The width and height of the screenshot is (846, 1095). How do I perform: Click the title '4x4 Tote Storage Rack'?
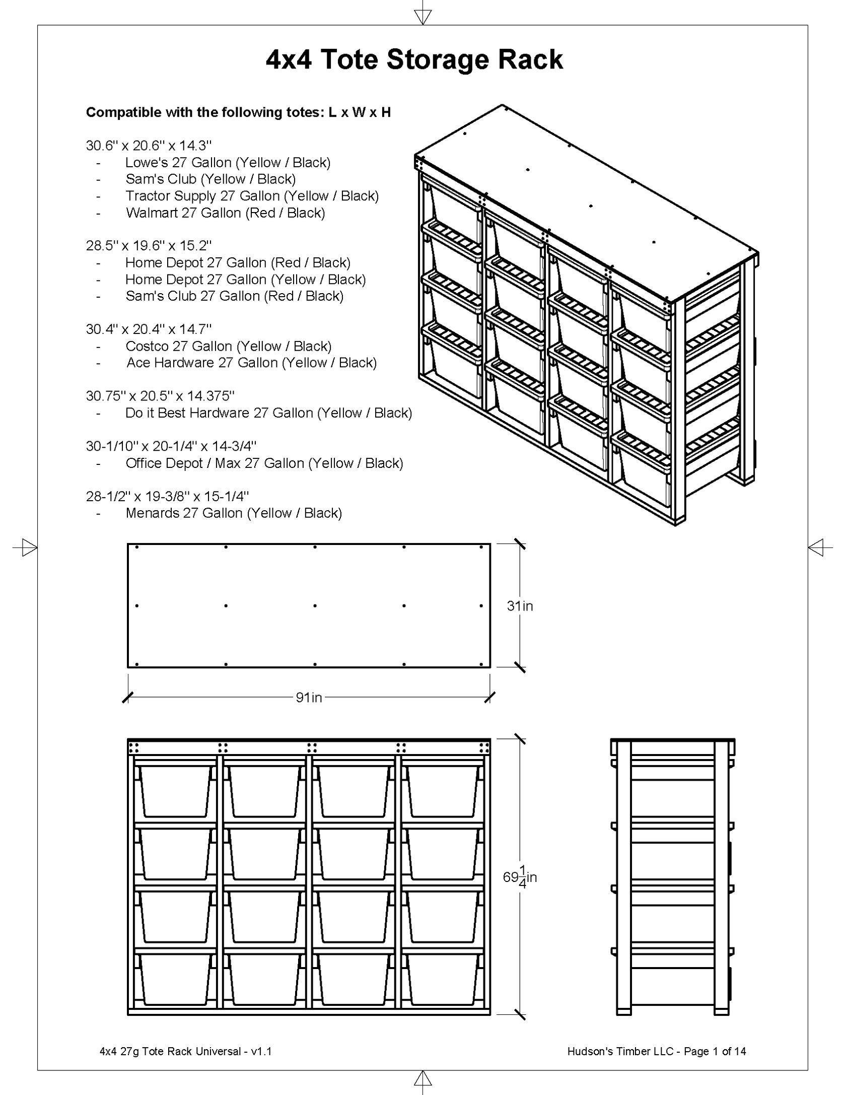tap(414, 59)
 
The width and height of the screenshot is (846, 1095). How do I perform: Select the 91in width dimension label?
tap(309, 697)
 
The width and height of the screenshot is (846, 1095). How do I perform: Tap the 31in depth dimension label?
tap(520, 605)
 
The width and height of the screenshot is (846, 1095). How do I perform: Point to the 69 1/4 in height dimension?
tap(520, 877)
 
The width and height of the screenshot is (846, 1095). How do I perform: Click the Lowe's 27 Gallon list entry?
tap(228, 163)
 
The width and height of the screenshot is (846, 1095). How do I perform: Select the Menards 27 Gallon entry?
tap(234, 513)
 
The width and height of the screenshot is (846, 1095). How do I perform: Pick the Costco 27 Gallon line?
tap(228, 346)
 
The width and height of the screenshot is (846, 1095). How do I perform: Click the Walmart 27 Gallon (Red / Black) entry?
tap(225, 213)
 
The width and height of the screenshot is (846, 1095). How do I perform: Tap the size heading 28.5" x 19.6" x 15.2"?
tap(149, 246)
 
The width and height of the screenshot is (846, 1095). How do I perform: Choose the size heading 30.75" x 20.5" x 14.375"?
tap(160, 396)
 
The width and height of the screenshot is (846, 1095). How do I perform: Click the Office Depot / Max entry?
tap(264, 463)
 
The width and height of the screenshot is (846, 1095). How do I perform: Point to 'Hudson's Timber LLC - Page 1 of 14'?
tap(656, 1051)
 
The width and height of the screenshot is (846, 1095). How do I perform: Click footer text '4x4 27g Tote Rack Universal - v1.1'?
tap(186, 1051)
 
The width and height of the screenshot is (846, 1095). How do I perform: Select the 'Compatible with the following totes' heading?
tap(238, 112)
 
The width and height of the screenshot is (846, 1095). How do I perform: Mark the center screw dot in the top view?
tap(315, 605)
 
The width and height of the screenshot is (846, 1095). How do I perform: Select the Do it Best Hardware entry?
tap(268, 413)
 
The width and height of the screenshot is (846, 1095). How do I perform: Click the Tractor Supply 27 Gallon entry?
tap(252, 196)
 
